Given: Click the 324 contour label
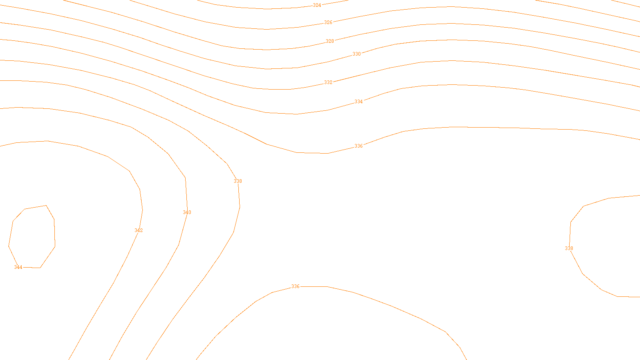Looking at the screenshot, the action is [x=317, y=5].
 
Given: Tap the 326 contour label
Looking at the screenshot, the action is [x=328, y=22].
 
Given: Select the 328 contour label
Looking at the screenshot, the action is [x=330, y=41].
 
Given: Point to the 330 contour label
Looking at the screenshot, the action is [x=356, y=54].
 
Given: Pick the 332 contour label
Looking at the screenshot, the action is [x=328, y=82].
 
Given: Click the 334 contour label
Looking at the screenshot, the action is [x=358, y=102].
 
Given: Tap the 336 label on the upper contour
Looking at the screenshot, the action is [x=358, y=146].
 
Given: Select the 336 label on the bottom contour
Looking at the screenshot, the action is [x=295, y=286].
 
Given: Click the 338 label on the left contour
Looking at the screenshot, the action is [x=238, y=181].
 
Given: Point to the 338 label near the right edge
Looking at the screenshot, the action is [x=569, y=248].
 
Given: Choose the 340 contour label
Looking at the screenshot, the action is [x=187, y=212].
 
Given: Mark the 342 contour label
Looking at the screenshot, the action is [x=138, y=230].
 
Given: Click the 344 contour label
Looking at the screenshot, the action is [x=18, y=267].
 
